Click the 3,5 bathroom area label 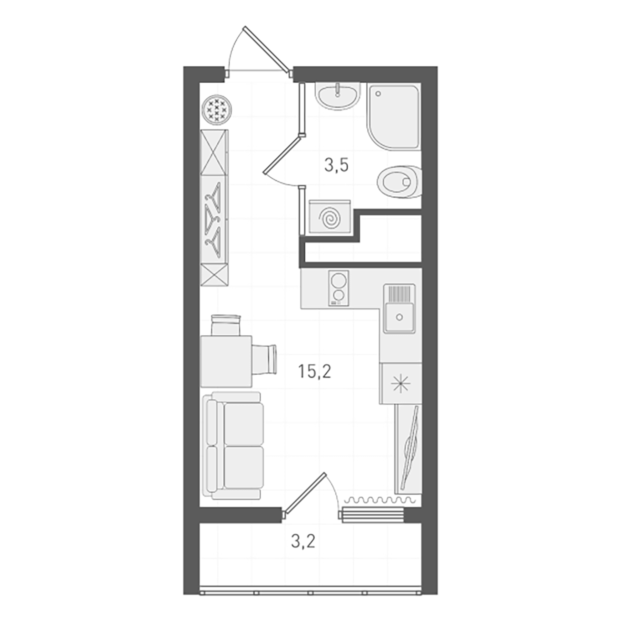pyautogui.click(x=336, y=166)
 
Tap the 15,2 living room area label pyautogui.click(x=314, y=372)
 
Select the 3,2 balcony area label pyautogui.click(x=303, y=542)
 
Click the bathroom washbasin pyautogui.click(x=337, y=96)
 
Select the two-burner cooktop pyautogui.click(x=338, y=288)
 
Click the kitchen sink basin pyautogui.click(x=399, y=316)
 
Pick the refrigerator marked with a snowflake pyautogui.click(x=401, y=383)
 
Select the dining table pyautogui.click(x=226, y=362)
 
